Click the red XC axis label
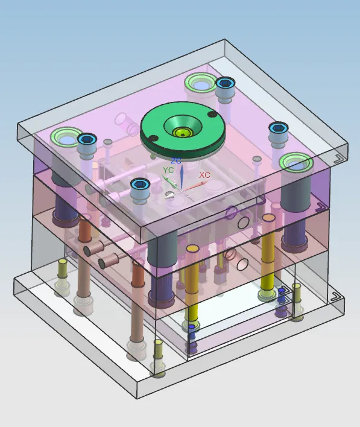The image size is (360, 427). click(x=204, y=175)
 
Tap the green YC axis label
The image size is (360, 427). click(x=168, y=170)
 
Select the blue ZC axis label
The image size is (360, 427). click(x=177, y=161)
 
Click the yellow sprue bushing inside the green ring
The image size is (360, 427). click(x=183, y=133)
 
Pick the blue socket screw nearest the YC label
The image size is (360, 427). click(x=141, y=185)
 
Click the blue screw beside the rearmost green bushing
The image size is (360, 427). click(x=225, y=83)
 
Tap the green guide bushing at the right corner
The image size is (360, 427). click(x=296, y=163)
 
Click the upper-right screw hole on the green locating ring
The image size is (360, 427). click(x=212, y=115)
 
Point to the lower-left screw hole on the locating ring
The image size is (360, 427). click(x=154, y=139)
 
